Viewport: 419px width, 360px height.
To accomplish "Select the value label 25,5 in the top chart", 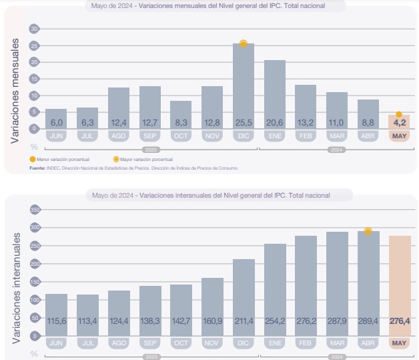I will pos(243,122).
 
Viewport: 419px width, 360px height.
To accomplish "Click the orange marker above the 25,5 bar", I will pos(244,43).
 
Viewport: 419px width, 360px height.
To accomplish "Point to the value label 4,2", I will pos(399,122).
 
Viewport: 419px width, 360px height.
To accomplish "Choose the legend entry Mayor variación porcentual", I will pos(143,160).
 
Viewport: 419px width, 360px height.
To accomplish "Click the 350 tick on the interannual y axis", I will pos(35,210).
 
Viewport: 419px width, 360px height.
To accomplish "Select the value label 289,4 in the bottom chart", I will pos(368,321).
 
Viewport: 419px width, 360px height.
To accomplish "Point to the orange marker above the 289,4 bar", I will pos(368,231).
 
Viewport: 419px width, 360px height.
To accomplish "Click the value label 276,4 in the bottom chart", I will pos(399,321).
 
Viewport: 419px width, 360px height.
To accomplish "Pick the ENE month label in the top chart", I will pos(274,136).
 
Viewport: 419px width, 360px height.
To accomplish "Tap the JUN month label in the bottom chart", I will pos(57,343).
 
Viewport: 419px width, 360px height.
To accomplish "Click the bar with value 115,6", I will pos(57,314).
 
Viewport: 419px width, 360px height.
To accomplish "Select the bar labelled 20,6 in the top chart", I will pos(274,94).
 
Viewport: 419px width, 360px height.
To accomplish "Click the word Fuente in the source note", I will pos(37,168).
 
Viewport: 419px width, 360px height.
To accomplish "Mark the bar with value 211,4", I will pos(244,297).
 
